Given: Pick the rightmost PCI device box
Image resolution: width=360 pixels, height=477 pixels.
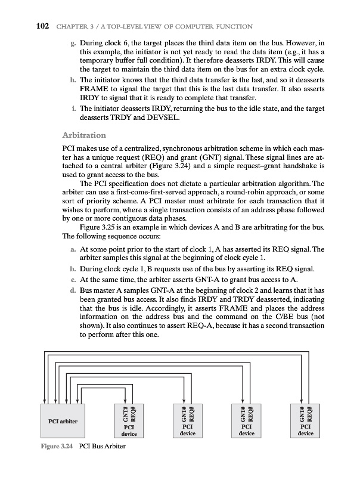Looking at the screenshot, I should pos(305,430).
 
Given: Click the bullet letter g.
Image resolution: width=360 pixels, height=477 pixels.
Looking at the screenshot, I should pos(72,44).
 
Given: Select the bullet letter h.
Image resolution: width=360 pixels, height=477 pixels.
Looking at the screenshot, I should pos(72,78).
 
